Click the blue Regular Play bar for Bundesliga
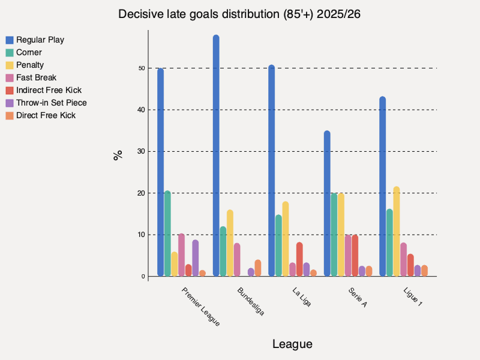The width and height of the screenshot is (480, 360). tap(216, 156)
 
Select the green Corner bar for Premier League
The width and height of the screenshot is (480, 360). tap(167, 234)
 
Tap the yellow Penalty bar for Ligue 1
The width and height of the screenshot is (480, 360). tap(396, 232)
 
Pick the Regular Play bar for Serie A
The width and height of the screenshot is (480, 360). tap(327, 204)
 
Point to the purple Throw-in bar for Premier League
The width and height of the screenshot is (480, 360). tap(195, 259)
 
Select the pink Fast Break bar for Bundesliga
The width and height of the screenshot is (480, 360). tap(237, 260)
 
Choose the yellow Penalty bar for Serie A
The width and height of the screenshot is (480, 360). tap(341, 235)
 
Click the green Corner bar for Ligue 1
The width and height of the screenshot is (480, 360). tap(389, 243)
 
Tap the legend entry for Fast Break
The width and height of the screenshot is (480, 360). tap(36, 77)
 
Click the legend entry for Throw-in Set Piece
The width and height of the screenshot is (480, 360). tap(51, 103)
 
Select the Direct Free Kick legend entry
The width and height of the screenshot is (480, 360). tap(46, 115)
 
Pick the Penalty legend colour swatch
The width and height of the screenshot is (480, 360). tap(10, 65)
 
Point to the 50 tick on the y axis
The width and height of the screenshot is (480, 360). tap(142, 68)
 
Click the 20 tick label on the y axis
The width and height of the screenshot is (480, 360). tap(142, 193)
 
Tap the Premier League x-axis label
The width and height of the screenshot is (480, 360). tap(200, 307)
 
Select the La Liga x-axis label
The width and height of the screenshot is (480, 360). tap(302, 297)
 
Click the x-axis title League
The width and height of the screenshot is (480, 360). tap(292, 344)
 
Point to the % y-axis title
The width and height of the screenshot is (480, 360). tap(118, 155)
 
